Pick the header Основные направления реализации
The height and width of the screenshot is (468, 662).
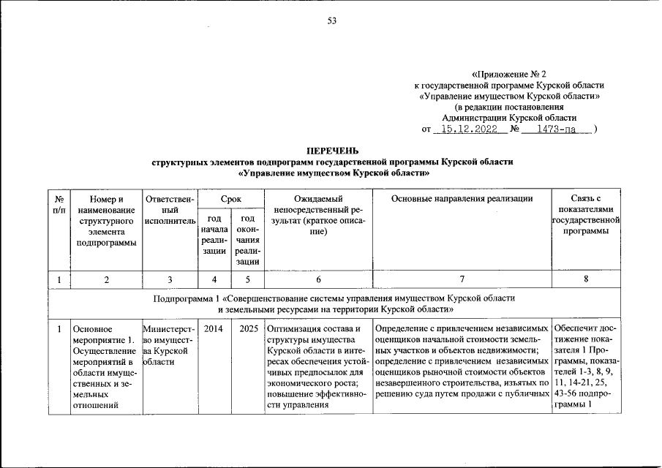coord(462,198)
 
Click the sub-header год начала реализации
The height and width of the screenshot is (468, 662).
coord(214,235)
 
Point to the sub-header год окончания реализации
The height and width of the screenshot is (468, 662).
coord(247,239)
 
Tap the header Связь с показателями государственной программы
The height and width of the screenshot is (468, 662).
coord(587,214)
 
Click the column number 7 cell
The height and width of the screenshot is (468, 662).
coord(462,279)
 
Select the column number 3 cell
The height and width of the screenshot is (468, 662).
coord(170,279)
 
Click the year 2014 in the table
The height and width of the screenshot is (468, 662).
coord(214,328)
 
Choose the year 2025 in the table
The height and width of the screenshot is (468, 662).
coord(247,328)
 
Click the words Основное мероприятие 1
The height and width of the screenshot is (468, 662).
coord(103,335)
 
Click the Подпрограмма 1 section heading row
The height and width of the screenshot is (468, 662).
coord(335,303)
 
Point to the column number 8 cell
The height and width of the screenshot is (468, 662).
coord(587,279)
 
